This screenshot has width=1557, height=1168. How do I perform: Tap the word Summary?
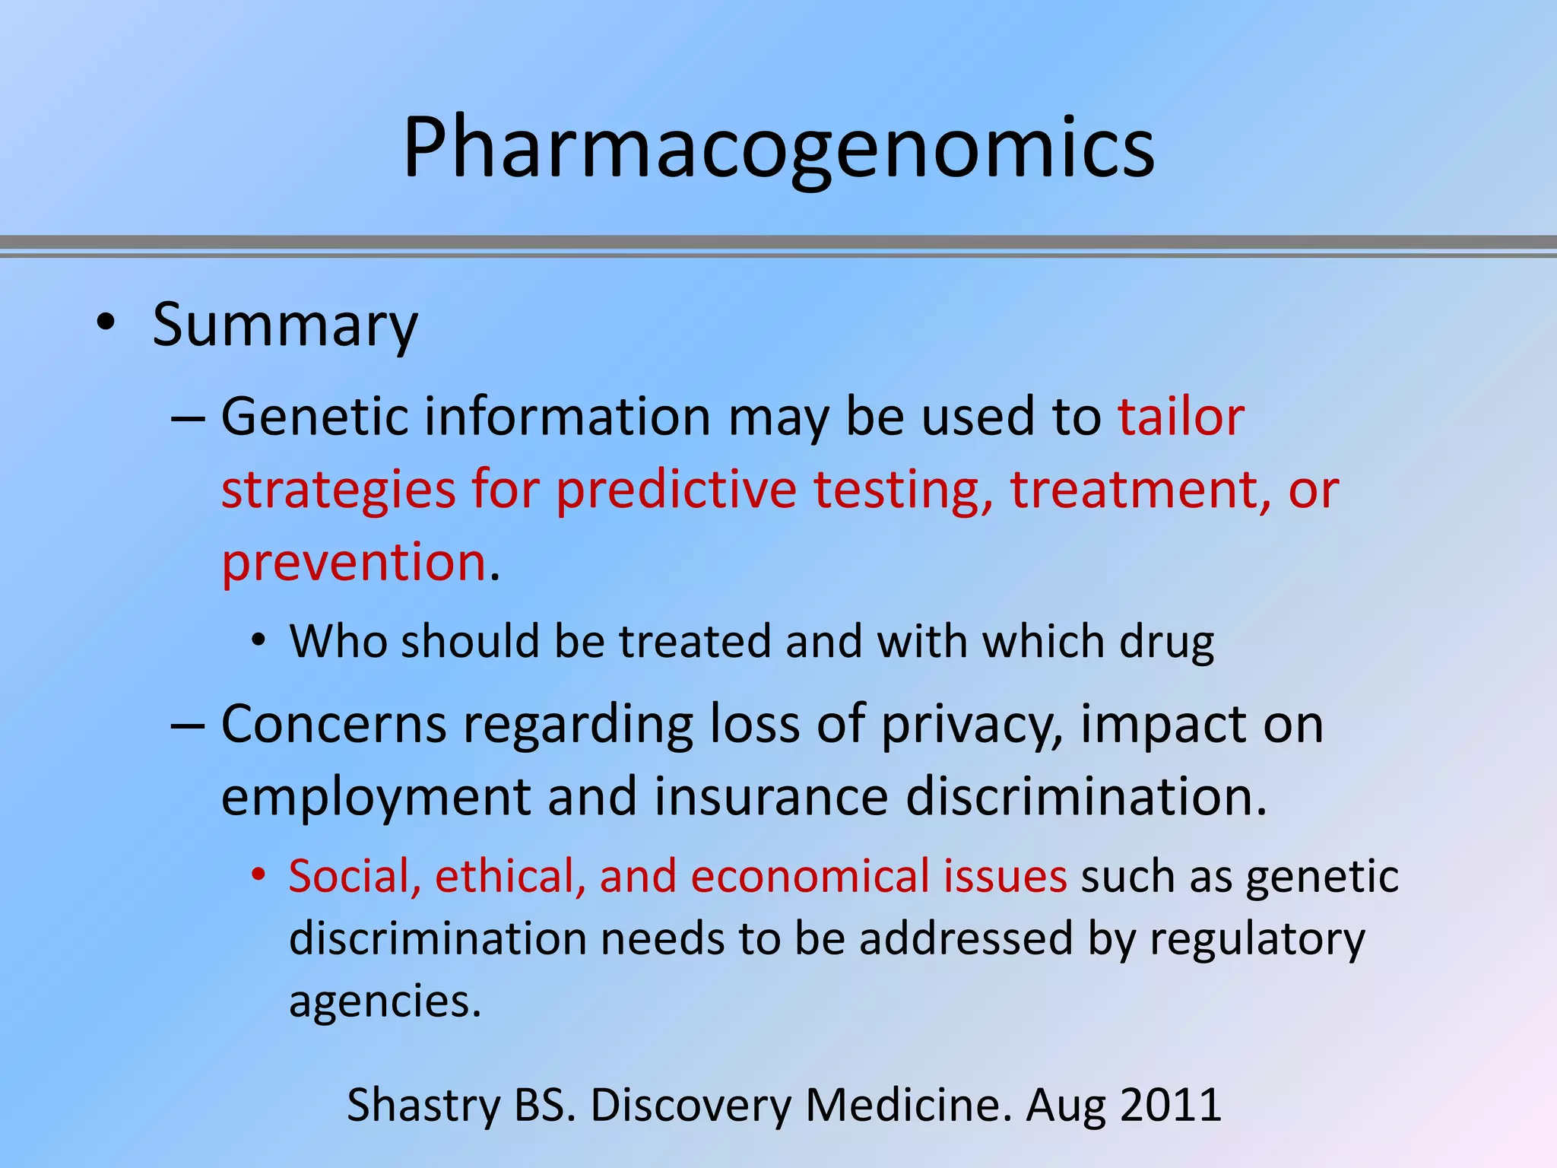[x=285, y=325]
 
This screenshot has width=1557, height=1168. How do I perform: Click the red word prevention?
[x=354, y=563]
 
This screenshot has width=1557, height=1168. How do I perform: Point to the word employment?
[x=376, y=798]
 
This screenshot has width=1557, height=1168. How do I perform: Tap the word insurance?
[x=770, y=797]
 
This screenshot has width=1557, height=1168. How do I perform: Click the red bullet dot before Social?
[x=258, y=875]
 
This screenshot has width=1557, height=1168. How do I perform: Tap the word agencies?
[x=384, y=1002]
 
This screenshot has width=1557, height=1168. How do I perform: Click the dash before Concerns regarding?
[x=188, y=725]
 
